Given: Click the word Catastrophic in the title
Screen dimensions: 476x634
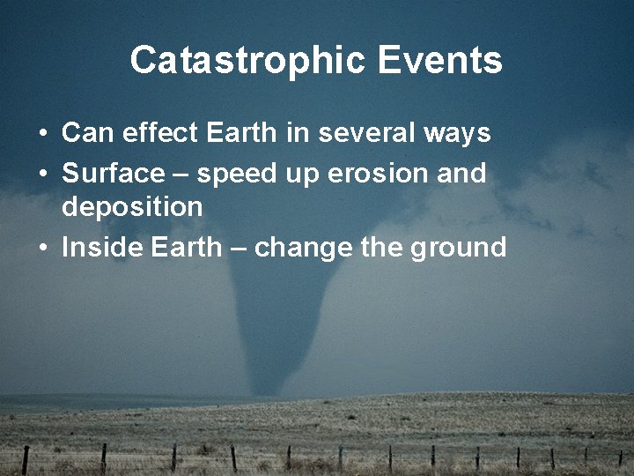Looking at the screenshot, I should (247, 61).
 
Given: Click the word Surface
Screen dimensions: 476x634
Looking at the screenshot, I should (113, 174).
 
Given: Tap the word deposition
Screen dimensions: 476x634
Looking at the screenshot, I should (132, 208).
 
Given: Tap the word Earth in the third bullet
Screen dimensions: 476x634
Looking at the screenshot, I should (187, 247).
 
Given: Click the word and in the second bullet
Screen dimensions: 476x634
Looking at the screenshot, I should (461, 174).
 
